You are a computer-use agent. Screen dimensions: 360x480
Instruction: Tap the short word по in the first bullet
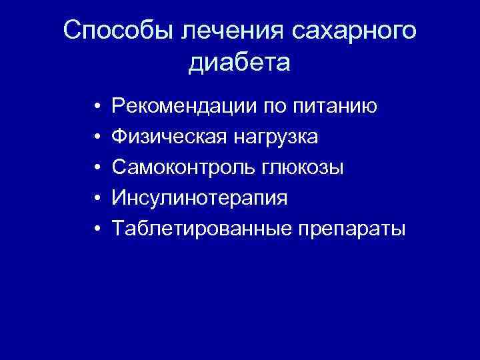[279, 106]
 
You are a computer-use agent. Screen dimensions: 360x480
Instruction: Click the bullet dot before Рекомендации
[97, 107]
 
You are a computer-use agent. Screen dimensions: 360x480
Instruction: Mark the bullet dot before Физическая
[97, 137]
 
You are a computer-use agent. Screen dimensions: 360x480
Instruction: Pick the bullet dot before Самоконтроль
[97, 168]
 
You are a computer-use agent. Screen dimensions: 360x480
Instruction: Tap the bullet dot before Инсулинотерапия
[97, 199]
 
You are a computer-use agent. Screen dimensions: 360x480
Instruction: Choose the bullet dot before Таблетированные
[97, 229]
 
